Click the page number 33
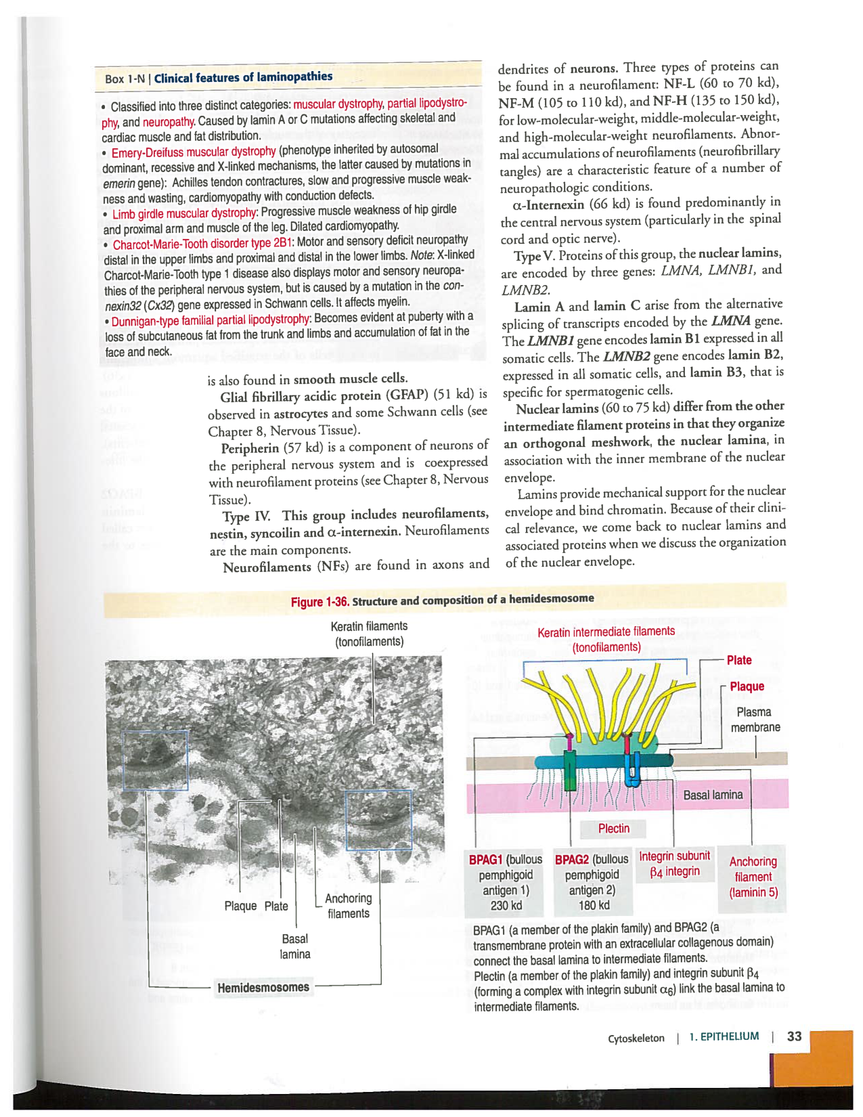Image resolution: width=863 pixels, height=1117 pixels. point(794,1036)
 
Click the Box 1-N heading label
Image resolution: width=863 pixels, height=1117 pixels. point(218,77)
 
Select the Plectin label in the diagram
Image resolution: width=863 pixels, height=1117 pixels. point(613,828)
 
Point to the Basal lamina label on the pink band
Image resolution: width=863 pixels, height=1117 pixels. point(712,795)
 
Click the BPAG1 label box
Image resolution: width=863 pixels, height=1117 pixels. point(506,882)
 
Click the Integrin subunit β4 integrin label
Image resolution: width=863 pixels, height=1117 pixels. point(674,863)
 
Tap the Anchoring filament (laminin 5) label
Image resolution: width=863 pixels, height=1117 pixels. point(753,877)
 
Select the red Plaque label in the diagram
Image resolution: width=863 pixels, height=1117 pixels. point(747,686)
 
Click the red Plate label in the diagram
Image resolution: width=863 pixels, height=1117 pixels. point(738,660)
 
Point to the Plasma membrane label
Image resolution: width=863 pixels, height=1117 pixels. point(755,720)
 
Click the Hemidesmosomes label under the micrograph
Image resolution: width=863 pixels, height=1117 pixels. point(263,987)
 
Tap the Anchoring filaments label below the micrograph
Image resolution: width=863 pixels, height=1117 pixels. point(348,906)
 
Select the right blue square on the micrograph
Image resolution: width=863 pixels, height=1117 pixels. point(378,820)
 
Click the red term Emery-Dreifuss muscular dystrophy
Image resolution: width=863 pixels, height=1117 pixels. point(194,152)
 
